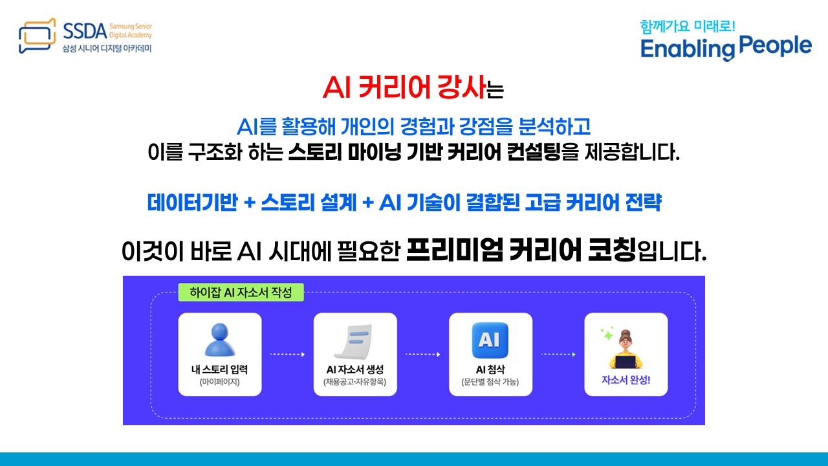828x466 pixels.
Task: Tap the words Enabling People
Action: click(726, 47)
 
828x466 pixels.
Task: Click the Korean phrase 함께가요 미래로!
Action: click(688, 26)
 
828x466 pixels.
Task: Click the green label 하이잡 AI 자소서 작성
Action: click(241, 293)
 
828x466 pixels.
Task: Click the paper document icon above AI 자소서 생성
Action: click(355, 342)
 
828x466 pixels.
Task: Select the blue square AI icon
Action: click(490, 340)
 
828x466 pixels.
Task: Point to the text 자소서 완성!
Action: click(626, 380)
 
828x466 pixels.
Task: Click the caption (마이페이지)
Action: click(220, 383)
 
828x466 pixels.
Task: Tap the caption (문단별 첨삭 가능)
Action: click(490, 383)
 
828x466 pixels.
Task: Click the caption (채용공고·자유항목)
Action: click(355, 383)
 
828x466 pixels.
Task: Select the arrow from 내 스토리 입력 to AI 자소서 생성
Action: click(287, 355)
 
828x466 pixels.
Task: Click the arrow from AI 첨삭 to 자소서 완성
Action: click(558, 355)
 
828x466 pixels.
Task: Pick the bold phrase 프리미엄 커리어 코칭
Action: click(521, 251)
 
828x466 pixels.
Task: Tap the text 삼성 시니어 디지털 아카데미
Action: click(107, 49)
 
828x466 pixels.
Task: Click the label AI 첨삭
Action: click(490, 370)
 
